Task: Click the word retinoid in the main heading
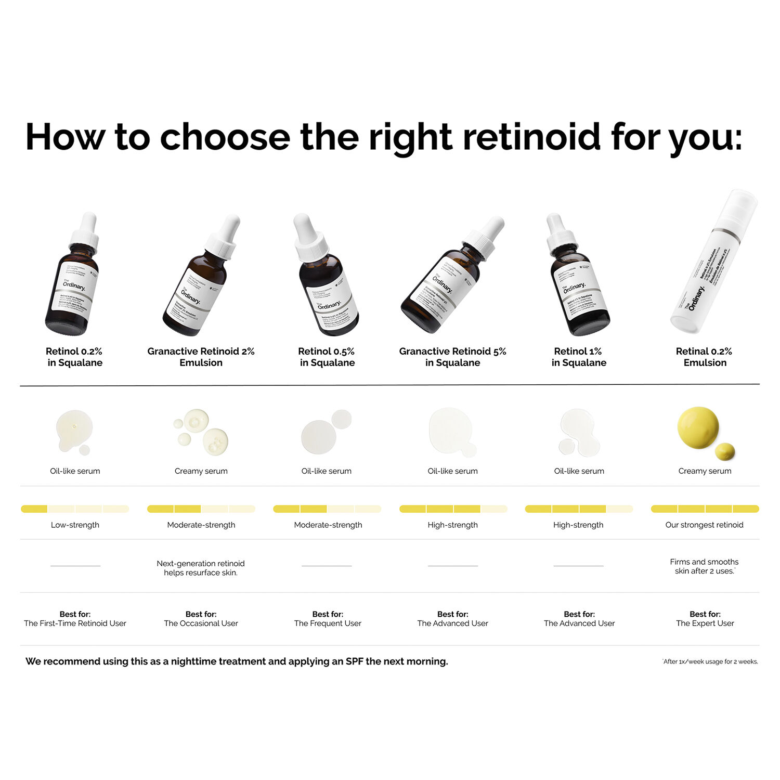pyautogui.click(x=531, y=137)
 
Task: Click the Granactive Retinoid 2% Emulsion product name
pyautogui.click(x=201, y=357)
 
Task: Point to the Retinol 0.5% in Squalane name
pyautogui.click(x=327, y=357)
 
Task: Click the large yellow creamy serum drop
pyautogui.click(x=698, y=427)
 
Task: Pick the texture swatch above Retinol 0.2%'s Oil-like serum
pyautogui.click(x=74, y=431)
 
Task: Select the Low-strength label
pyautogui.click(x=75, y=525)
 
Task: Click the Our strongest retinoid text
pyautogui.click(x=704, y=525)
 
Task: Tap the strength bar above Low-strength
pyautogui.click(x=75, y=509)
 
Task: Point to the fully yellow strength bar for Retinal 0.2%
pyautogui.click(x=705, y=509)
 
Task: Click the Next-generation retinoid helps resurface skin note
pyautogui.click(x=201, y=568)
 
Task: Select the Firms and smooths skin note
pyautogui.click(x=704, y=566)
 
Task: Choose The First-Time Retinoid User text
pyautogui.click(x=75, y=623)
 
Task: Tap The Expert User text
pyautogui.click(x=705, y=623)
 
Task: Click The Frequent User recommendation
pyautogui.click(x=328, y=623)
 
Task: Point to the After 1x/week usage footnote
pyautogui.click(x=710, y=661)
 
